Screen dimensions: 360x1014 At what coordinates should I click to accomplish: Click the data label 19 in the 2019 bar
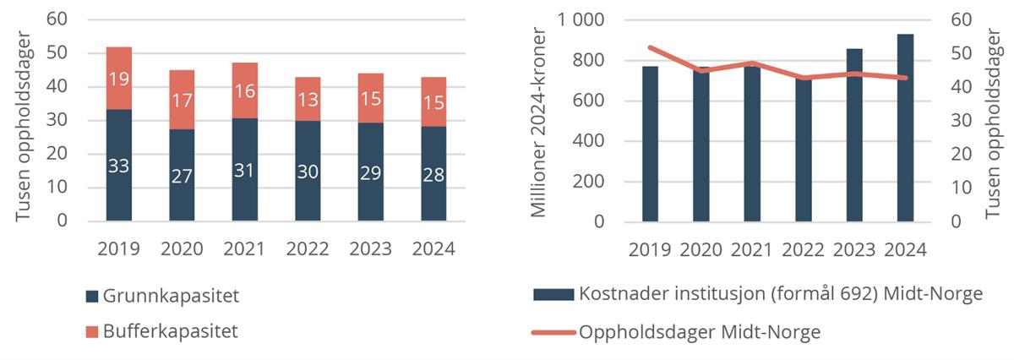(x=119, y=79)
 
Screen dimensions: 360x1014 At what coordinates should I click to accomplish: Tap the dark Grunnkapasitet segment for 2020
(x=183, y=175)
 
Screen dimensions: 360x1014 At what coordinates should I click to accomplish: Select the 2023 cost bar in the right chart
(x=854, y=135)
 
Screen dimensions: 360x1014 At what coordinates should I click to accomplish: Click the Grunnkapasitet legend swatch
(x=92, y=297)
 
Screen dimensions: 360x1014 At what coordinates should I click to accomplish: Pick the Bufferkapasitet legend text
(x=170, y=330)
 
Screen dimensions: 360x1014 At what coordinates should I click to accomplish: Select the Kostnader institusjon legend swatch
(x=553, y=294)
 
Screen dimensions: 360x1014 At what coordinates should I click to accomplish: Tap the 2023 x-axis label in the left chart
(x=371, y=249)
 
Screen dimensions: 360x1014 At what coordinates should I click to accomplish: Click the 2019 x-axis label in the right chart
(x=650, y=249)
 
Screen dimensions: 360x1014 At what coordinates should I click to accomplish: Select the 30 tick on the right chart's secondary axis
(x=961, y=121)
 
